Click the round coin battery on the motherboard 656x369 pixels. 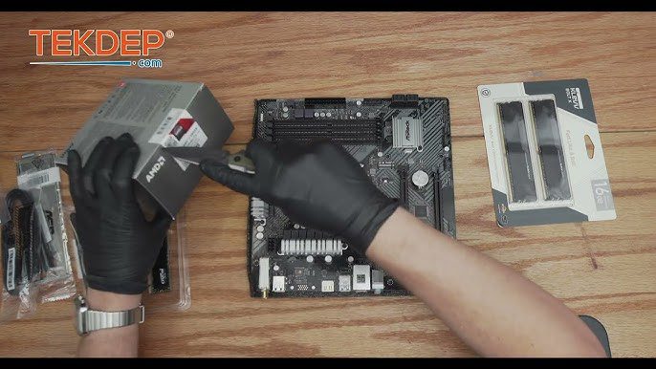coord(419,178)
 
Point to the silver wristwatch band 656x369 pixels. coord(108,318)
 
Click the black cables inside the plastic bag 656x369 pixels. coord(24,239)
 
